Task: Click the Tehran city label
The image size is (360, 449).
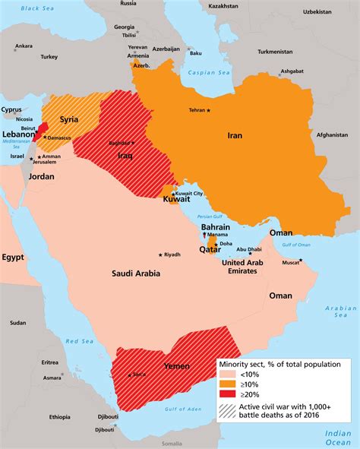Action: pyautogui.click(x=196, y=110)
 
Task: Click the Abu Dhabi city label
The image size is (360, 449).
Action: pyautogui.click(x=249, y=248)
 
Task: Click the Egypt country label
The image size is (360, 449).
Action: pyautogui.click(x=13, y=257)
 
